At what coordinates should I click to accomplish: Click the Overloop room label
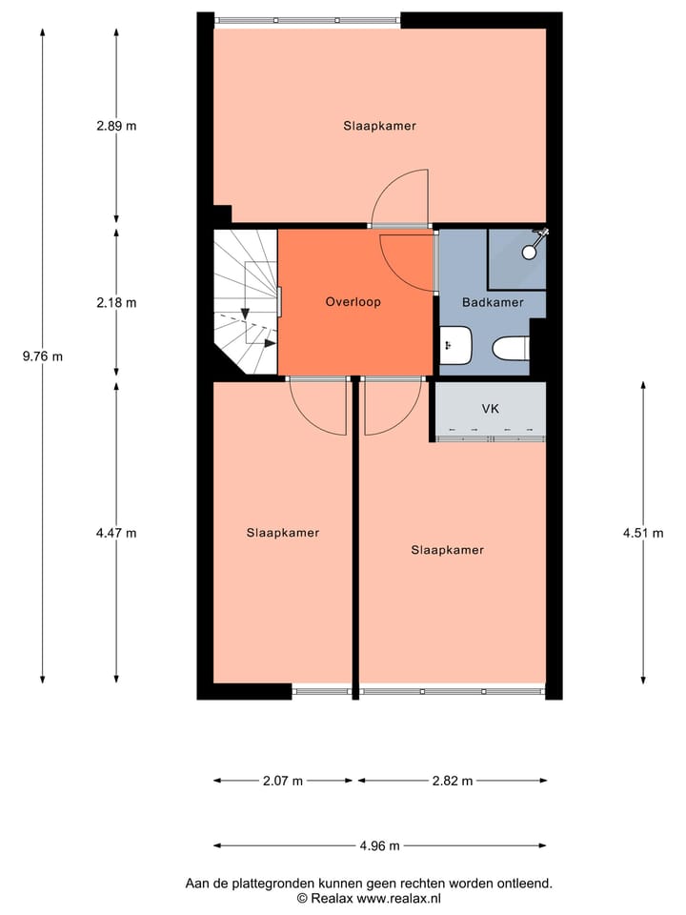[x=353, y=302]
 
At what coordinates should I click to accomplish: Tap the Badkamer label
[x=493, y=302]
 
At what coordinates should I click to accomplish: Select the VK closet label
[x=491, y=409]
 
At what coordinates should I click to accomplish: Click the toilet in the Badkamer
[x=512, y=349]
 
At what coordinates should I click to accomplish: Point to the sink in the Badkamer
[x=455, y=345]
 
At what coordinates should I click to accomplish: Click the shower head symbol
[x=535, y=243]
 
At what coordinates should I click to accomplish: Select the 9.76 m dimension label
[x=43, y=356]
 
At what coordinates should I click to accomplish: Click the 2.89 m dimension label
[x=116, y=125]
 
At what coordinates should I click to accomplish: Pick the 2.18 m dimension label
[x=116, y=303]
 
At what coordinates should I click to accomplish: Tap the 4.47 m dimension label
[x=116, y=533]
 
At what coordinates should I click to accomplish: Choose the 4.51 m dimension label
[x=643, y=533]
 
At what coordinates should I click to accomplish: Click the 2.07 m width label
[x=283, y=781]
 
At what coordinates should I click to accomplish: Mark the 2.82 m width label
[x=453, y=781]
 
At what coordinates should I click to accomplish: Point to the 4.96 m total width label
[x=379, y=845]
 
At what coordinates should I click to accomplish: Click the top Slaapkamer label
[x=380, y=125]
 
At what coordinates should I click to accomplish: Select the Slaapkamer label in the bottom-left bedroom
[x=282, y=533]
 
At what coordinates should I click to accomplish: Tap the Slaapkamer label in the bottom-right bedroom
[x=448, y=550]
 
